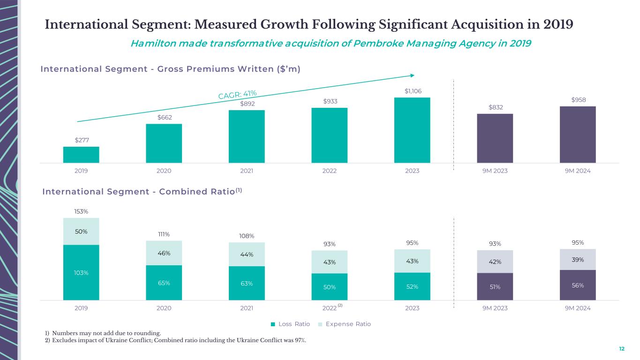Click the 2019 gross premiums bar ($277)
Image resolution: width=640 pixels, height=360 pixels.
click(81, 155)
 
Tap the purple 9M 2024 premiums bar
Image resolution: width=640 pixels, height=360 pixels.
click(578, 135)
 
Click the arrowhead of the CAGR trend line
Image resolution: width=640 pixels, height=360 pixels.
click(412, 75)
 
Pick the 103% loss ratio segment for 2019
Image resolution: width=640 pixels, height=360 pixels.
click(81, 272)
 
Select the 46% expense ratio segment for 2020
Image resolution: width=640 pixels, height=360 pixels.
click(164, 253)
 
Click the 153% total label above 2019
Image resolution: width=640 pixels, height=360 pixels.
click(81, 211)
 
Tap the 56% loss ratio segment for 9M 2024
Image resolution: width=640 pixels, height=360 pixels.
click(578, 285)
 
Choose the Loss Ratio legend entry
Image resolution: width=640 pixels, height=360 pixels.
click(291, 324)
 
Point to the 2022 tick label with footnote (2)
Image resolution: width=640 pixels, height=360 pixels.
click(331, 307)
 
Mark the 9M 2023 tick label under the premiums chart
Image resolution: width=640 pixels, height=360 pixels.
click(495, 171)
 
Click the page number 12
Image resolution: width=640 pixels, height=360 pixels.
click(622, 349)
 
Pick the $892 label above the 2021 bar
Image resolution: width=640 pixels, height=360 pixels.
click(247, 104)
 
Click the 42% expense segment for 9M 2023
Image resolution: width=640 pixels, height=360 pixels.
click(495, 262)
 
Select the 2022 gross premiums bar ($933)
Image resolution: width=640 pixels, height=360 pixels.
click(329, 135)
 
